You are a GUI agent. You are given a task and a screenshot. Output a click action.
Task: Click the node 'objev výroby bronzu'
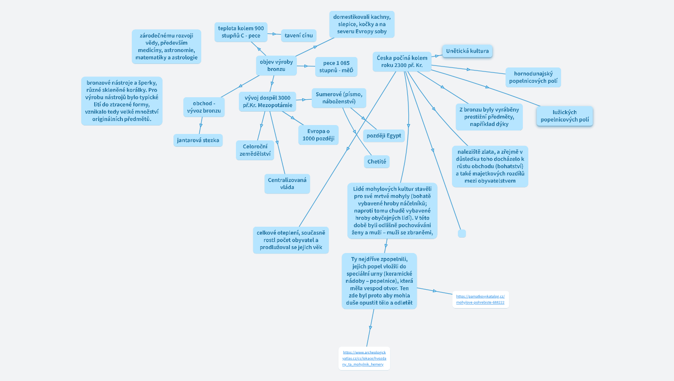[x=276, y=65]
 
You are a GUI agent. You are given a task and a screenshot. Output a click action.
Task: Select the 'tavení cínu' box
[x=298, y=36]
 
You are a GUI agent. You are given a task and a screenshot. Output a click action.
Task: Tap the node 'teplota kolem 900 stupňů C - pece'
[x=241, y=32]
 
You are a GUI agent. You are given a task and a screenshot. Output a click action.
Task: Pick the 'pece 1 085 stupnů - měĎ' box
[x=336, y=66]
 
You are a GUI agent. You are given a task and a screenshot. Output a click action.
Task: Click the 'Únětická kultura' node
[x=467, y=51]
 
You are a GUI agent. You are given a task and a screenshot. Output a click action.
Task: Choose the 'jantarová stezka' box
[x=198, y=140]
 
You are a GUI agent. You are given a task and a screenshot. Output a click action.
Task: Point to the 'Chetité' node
[x=377, y=162]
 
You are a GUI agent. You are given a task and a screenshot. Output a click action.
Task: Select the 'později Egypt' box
[x=384, y=135]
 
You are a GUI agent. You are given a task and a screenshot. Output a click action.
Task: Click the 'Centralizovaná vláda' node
[x=287, y=184]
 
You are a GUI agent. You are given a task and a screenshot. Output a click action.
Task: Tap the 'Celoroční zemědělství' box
[x=255, y=150]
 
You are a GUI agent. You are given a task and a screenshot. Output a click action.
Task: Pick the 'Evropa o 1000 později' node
[x=318, y=135]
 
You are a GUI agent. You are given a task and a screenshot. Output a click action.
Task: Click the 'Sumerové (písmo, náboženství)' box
[x=339, y=98]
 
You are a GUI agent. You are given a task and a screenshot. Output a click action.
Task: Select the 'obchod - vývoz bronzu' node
[x=204, y=107]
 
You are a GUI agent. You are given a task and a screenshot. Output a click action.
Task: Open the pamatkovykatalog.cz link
[x=480, y=299]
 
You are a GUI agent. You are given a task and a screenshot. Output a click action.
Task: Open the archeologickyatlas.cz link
[x=364, y=358]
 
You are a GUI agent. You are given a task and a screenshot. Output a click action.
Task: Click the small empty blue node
[x=462, y=233]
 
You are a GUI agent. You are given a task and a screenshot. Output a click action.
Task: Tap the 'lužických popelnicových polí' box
[x=564, y=116]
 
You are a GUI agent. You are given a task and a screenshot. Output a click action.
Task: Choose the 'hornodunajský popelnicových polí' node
[x=533, y=77]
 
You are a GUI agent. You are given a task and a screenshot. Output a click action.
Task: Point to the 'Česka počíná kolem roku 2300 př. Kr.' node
[x=401, y=62]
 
